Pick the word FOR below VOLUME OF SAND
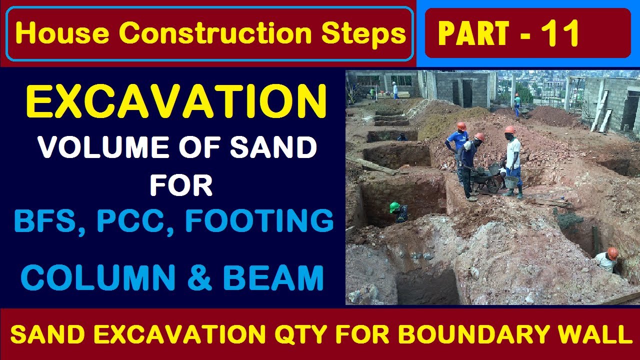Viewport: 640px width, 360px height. [x=181, y=185]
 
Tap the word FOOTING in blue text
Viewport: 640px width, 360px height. [x=259, y=220]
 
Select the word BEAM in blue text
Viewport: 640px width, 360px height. [x=273, y=278]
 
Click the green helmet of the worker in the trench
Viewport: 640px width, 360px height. [x=395, y=206]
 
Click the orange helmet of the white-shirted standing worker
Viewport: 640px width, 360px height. [x=510, y=129]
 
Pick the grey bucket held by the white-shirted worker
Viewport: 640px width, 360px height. [x=511, y=181]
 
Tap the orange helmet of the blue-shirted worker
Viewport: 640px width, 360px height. [x=461, y=126]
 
